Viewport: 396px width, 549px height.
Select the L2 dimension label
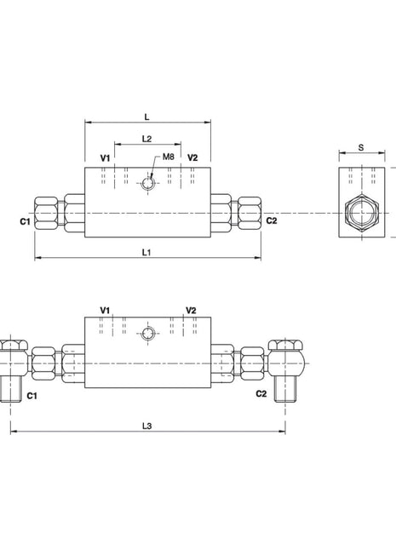coord(146,138)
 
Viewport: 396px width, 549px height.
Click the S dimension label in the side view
coord(361,147)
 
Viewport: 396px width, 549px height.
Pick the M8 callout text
coord(168,157)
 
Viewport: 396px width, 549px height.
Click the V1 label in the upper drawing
coord(105,158)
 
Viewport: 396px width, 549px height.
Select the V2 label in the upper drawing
coord(192,158)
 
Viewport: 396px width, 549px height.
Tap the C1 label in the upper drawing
coord(25,221)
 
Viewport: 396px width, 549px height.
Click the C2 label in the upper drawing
coord(271,221)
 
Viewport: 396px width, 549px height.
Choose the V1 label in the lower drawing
coord(105,310)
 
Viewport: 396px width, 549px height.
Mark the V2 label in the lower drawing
coord(191,310)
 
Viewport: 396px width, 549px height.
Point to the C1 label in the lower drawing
coord(32,395)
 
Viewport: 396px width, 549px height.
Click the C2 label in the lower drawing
coord(261,394)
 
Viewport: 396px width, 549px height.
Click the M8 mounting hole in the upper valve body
coord(148,183)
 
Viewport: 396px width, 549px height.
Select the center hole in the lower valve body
coord(148,335)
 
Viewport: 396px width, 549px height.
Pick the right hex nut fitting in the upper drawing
coord(250,212)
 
